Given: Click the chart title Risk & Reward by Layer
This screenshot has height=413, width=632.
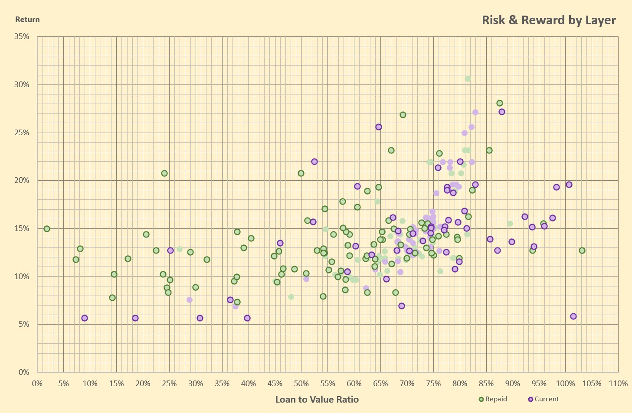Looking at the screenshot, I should click(x=549, y=20).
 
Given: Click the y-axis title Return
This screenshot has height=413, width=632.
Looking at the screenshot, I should click(x=27, y=20).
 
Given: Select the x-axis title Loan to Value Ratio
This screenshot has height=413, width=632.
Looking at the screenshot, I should click(x=317, y=400).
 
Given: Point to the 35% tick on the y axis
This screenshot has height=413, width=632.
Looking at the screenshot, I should click(x=22, y=37).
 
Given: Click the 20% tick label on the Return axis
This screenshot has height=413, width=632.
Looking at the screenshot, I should click(x=22, y=181).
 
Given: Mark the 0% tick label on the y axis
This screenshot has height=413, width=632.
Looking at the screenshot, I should click(x=24, y=372).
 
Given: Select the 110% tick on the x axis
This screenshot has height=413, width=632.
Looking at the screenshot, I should click(x=618, y=384).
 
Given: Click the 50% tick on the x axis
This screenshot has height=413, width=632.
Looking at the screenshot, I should click(x=301, y=384).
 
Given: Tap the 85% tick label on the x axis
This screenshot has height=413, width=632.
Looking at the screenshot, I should click(x=486, y=384).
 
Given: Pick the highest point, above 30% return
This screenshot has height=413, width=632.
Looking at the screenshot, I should click(x=468, y=79).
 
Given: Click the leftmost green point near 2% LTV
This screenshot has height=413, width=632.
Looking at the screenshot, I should click(x=47, y=229).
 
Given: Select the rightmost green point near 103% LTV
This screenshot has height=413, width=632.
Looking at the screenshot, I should click(x=582, y=250).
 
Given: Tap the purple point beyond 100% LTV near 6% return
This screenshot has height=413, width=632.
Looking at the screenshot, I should click(x=573, y=316).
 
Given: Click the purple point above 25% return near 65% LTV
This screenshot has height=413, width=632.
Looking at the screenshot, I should click(x=379, y=127).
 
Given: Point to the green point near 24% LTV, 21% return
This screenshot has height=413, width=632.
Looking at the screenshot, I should click(x=164, y=173).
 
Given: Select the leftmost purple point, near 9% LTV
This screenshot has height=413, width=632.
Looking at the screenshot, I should click(x=85, y=318).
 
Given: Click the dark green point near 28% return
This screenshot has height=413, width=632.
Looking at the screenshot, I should click(x=500, y=103).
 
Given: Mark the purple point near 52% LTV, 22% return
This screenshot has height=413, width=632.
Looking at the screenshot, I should click(x=314, y=162).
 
